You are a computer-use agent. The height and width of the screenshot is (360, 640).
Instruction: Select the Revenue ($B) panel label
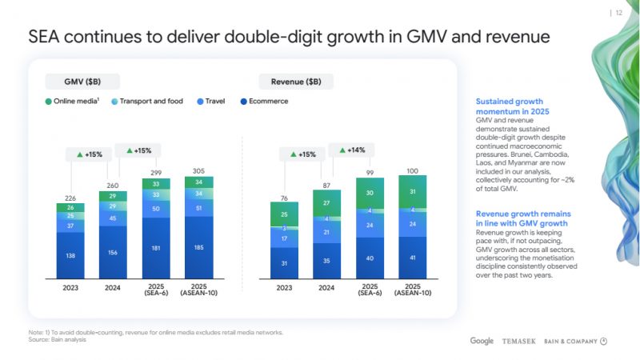tap(295, 82)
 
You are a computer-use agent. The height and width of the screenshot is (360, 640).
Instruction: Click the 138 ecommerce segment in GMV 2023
tap(70, 256)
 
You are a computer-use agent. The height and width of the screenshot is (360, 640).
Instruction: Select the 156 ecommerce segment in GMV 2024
tap(113, 252)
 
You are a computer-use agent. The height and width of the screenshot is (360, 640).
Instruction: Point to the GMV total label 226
tap(70, 198)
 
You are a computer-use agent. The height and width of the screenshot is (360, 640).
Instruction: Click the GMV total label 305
tap(198, 171)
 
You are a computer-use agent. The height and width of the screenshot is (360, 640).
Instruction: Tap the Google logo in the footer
tap(482, 341)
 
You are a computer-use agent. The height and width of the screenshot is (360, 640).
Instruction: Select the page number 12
tap(619, 12)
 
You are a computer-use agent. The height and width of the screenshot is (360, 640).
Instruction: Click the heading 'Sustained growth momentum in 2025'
tap(509, 107)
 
